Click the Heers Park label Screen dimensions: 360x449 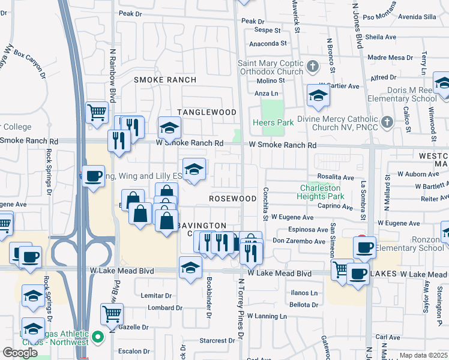coord(277,123)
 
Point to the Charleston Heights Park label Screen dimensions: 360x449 coord(322,191)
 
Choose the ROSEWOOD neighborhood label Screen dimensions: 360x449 coord(233,198)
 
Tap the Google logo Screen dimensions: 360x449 coord(20,352)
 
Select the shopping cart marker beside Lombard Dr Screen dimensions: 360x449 coord(112,312)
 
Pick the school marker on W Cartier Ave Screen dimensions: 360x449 coord(318,95)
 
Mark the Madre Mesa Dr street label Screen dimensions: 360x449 coord(391,58)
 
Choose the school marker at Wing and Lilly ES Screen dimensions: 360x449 coord(194,170)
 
